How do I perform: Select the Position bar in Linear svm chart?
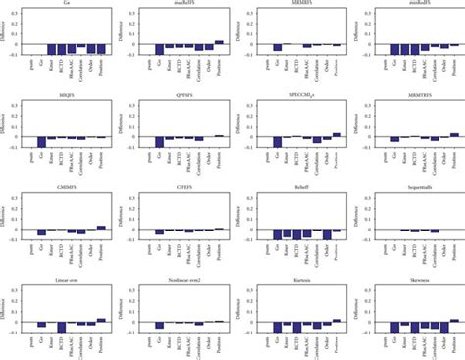click(101, 320)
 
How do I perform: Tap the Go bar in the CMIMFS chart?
click(42, 232)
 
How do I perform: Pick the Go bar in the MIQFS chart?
click(42, 142)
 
